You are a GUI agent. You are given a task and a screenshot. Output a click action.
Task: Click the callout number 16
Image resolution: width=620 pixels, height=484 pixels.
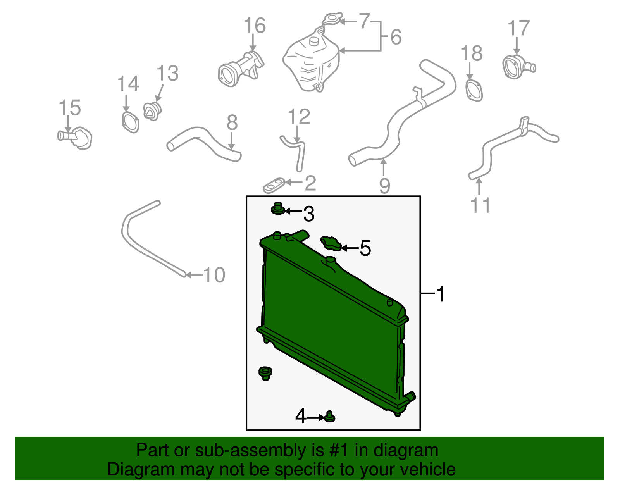coord(255,26)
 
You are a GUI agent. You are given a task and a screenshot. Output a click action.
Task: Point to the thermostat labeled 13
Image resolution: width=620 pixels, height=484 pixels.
coord(152,111)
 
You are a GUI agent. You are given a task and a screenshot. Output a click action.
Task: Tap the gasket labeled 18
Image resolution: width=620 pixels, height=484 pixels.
coord(474,90)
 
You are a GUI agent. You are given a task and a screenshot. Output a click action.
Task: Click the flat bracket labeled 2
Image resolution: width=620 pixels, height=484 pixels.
coord(274,186)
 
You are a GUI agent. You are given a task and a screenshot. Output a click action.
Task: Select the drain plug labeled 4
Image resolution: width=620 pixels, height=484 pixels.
coord(330,417)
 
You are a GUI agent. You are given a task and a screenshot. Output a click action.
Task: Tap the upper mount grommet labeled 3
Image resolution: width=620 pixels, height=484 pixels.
coord(277,209)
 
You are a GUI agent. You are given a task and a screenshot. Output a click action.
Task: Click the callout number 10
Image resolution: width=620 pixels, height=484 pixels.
coord(214,275)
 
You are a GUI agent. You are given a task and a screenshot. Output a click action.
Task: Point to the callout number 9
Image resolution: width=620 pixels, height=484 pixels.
coord(384,186)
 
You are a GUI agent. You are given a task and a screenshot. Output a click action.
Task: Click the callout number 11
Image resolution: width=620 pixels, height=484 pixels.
coord(480,205)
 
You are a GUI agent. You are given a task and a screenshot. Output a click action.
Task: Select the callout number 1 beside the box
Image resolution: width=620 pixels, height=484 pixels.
coord(441,295)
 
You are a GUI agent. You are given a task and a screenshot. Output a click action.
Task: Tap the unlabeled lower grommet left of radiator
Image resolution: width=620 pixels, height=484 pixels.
coord(265,373)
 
